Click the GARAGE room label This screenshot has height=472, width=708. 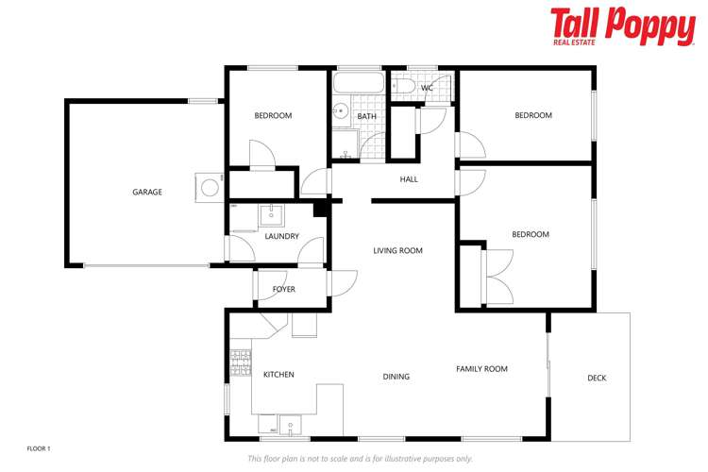coord(147,192)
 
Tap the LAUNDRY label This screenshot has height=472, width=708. coord(282,236)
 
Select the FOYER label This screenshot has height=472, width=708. coord(283,289)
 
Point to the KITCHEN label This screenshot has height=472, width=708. coord(278,375)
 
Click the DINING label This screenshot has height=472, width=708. coord(396,377)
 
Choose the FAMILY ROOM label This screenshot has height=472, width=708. coord(482,369)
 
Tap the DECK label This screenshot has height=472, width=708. coord(597,379)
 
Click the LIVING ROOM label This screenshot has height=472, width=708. coord(397,250)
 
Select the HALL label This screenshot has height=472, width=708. coord(409,178)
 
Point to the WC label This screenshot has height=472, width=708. coord(427,88)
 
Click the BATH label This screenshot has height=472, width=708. coord(367,116)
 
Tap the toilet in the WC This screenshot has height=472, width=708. coord(404,87)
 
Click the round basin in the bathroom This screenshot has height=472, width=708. coord(341,111)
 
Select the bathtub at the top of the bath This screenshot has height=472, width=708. coord(360,84)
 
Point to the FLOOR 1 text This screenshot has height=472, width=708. coord(38,448)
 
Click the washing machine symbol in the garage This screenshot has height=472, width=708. coord(208,185)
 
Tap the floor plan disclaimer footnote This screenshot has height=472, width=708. coord(360,458)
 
